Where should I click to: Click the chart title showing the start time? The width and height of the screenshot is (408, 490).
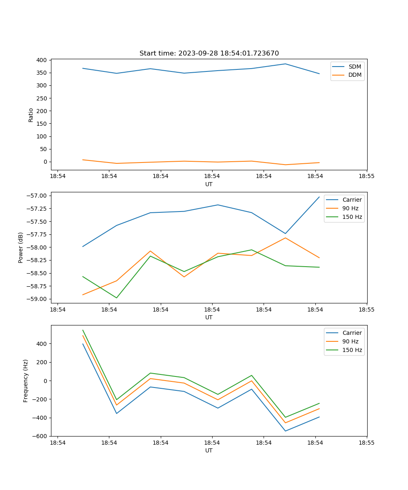tap(209, 53)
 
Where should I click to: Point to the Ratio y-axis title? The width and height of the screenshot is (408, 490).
tap(31, 115)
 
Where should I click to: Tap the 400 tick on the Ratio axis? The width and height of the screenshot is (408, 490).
tap(41, 60)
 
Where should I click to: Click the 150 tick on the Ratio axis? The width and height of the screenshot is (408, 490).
tap(41, 124)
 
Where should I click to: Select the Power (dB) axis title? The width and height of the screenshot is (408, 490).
tap(21, 248)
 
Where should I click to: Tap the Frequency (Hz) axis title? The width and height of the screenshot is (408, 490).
tap(26, 381)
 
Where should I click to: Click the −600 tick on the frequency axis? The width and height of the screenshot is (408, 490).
tap(40, 436)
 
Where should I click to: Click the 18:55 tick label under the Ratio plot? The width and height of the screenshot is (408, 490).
tap(366, 176)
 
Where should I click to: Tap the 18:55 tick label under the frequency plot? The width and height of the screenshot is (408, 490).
tap(366, 443)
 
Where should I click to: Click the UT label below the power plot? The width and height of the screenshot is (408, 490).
tap(209, 317)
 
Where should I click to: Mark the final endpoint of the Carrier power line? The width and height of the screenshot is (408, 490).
tap(319, 197)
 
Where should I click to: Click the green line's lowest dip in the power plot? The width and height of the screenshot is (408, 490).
tap(117, 298)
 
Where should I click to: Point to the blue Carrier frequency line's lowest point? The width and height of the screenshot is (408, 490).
tap(285, 431)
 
